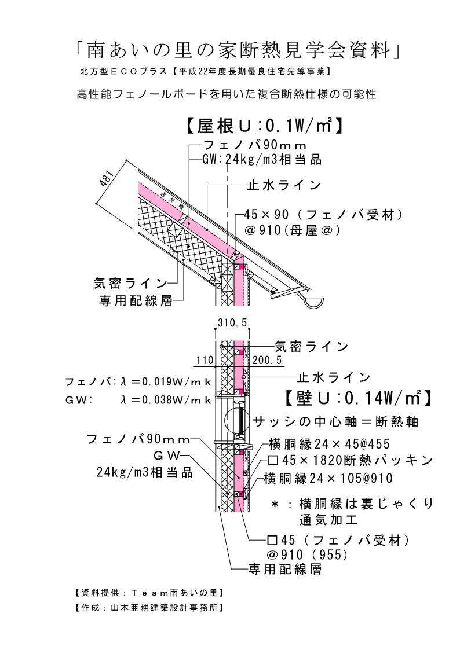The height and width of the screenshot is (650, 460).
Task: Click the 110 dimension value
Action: click(x=205, y=361)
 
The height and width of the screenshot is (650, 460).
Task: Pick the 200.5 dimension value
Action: click(x=267, y=361)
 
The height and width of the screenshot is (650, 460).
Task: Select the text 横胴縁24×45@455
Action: click(x=328, y=444)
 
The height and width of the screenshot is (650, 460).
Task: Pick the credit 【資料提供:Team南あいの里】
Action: click(x=149, y=593)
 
